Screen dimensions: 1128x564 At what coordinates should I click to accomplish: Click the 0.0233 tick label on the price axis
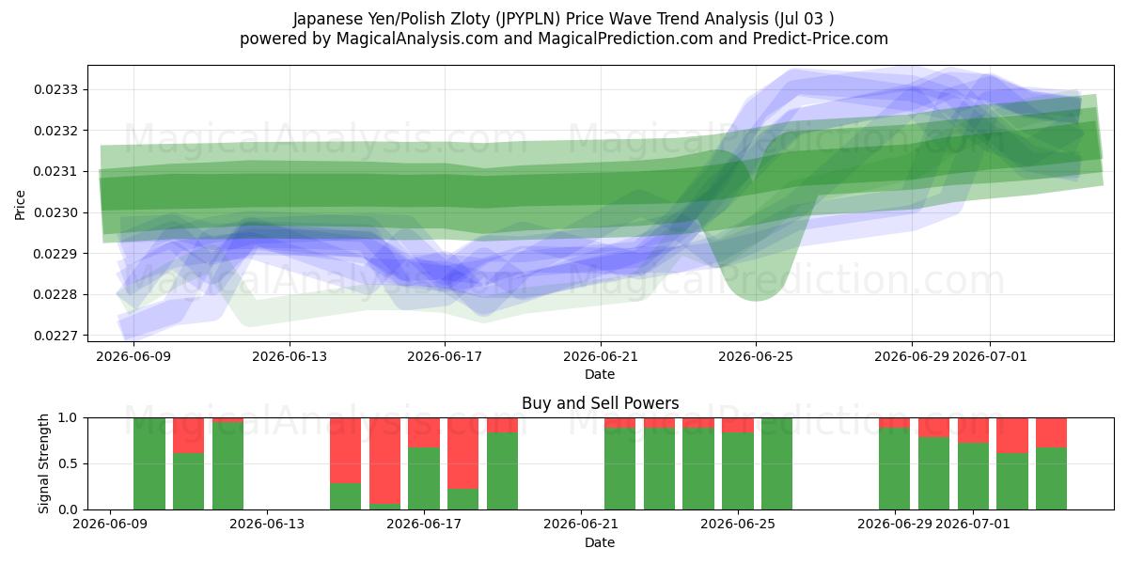point(55,89)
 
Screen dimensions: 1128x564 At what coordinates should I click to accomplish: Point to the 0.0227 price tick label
point(55,336)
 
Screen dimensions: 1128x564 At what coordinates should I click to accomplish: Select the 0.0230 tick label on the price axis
point(55,212)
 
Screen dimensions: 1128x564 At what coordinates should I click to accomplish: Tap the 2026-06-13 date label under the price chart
point(290,356)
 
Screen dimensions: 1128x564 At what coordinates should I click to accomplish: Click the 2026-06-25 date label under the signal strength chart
point(738,525)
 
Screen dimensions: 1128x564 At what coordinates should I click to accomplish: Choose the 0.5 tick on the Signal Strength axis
point(68,463)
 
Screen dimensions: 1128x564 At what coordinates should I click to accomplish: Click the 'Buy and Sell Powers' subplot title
point(601,403)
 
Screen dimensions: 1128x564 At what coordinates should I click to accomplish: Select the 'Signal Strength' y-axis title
point(43,463)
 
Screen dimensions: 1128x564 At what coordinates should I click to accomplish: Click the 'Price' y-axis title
point(20,205)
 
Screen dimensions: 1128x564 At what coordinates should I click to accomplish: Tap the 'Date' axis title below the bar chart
point(600,542)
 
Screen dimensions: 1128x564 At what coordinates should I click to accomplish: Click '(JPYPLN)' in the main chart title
point(527,19)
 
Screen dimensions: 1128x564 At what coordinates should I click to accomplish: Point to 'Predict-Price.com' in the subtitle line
point(821,39)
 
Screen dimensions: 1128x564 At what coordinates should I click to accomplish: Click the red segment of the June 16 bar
point(384,461)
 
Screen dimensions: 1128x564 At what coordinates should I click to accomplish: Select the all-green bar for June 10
point(149,463)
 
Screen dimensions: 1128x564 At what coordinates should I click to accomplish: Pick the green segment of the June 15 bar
point(346,496)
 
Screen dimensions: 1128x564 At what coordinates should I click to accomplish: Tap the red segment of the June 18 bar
point(462,453)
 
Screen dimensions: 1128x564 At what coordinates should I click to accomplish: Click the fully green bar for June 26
point(777,463)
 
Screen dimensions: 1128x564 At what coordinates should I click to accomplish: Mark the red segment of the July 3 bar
point(1052,432)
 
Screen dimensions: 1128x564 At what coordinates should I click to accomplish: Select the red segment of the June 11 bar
point(189,435)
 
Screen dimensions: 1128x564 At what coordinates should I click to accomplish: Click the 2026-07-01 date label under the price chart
point(990,356)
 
